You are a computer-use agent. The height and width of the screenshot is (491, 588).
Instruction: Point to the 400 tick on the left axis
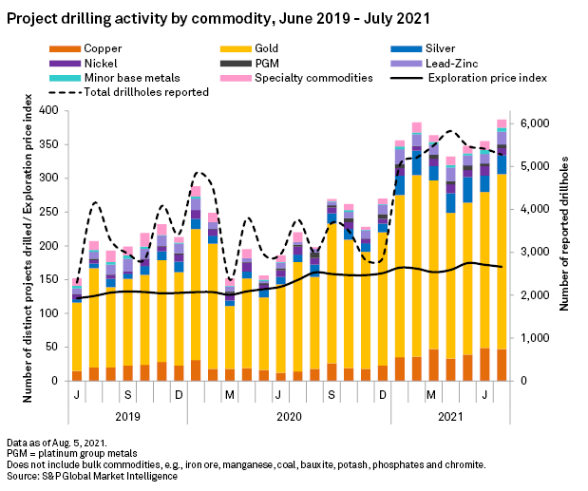49,110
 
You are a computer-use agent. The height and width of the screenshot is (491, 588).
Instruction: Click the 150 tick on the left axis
49,279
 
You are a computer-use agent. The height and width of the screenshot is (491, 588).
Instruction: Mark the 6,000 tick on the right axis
535,123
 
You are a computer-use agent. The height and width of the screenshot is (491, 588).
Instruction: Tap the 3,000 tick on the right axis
535,253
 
